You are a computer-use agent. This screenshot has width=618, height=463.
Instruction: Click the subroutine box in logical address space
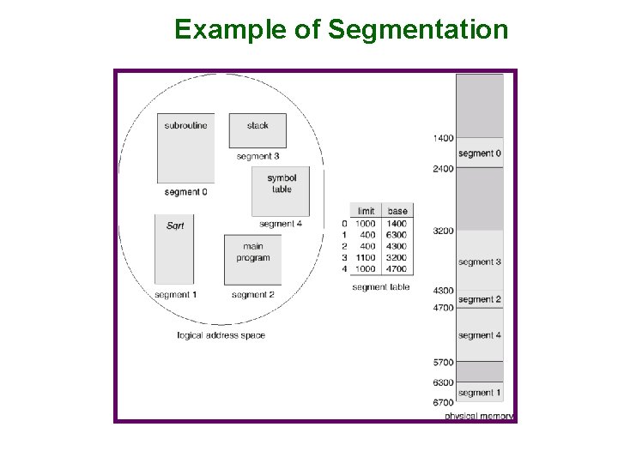185,147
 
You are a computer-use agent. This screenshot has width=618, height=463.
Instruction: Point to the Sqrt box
175,250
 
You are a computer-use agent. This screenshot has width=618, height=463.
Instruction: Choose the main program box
252,259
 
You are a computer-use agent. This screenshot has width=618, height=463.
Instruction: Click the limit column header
367,211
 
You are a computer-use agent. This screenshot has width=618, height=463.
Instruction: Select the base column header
397,211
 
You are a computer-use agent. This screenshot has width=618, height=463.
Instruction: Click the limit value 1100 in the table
366,257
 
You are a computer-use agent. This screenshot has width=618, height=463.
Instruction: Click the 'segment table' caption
381,287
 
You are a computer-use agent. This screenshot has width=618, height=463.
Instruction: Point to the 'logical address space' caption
221,335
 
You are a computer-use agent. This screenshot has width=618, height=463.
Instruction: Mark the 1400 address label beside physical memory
443,138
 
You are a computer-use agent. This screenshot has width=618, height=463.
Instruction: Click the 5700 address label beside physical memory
443,363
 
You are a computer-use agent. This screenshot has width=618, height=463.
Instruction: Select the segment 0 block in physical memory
479,153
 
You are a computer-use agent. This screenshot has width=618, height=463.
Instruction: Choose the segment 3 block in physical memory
479,261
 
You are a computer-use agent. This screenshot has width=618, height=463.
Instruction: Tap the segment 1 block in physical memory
479,392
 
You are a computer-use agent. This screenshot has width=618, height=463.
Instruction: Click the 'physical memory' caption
479,417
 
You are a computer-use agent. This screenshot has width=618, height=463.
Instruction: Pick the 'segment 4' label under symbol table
281,224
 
